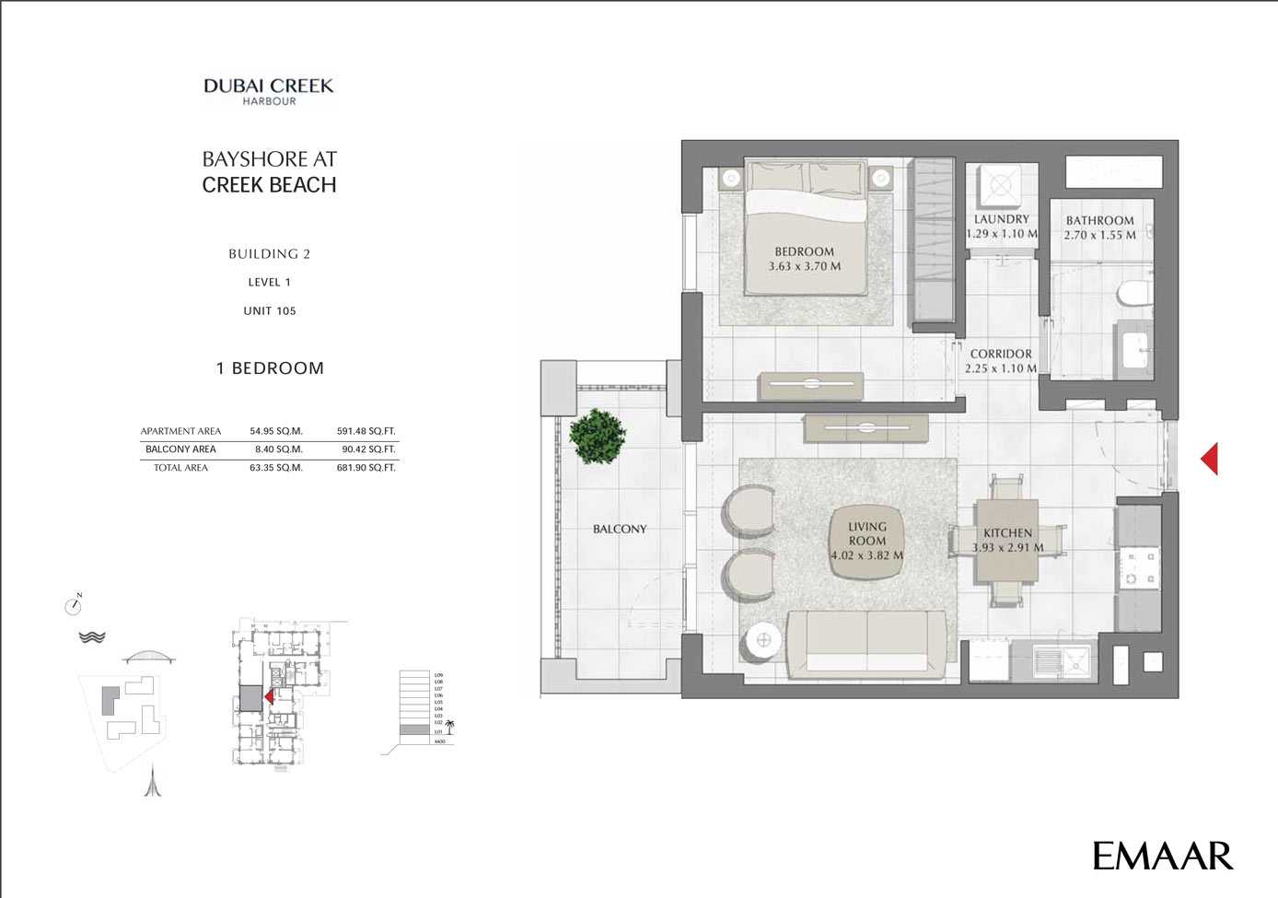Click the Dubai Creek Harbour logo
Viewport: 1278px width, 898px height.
tap(269, 90)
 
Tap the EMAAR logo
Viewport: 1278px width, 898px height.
tap(1162, 856)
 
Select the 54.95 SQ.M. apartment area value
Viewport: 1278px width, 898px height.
tap(276, 431)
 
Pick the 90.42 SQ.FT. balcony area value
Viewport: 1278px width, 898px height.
tap(368, 449)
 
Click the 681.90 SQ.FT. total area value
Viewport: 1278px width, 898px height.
tap(366, 468)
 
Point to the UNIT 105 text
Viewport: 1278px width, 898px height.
tap(270, 311)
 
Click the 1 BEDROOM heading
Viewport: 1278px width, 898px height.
tap(270, 368)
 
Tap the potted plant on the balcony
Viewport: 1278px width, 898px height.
tap(597, 436)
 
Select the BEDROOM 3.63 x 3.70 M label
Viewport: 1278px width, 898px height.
tap(805, 259)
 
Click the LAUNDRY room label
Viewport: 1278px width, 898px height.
tap(1002, 226)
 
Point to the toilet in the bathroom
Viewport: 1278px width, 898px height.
tap(1133, 294)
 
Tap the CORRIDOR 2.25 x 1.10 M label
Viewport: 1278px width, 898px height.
tap(1001, 361)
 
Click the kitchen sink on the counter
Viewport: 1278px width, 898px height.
tap(1062, 659)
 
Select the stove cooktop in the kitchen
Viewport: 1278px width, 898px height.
tap(1138, 568)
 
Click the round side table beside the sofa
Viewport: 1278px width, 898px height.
tap(763, 642)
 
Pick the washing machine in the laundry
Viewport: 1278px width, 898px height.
tap(1000, 187)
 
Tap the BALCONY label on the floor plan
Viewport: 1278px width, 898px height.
tap(620, 529)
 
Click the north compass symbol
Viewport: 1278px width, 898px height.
tap(74, 605)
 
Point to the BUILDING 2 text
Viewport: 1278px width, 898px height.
tap(270, 254)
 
